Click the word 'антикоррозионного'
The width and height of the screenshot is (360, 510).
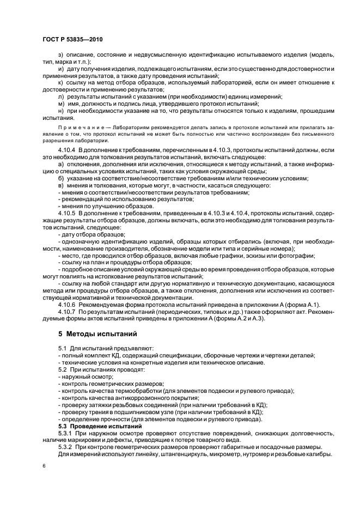click(x=133, y=397)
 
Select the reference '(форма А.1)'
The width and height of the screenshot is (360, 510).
click(x=303, y=305)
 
